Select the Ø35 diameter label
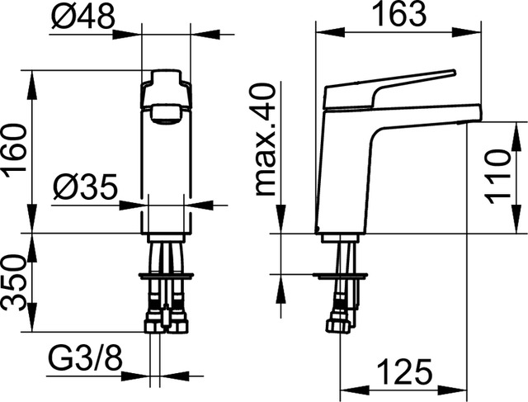86,187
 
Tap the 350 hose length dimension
14,282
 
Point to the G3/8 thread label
86,359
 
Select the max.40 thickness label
266,140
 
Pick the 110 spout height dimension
497,177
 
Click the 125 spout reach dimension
404,371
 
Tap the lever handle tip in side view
454,72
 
